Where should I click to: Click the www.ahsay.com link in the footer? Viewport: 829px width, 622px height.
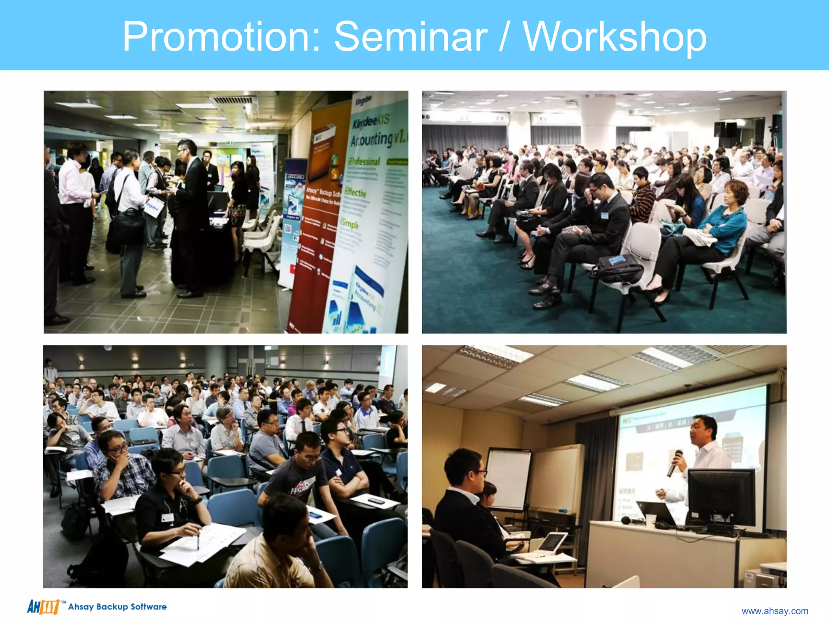click(x=774, y=611)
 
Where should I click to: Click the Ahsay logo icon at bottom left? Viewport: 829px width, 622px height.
click(x=43, y=607)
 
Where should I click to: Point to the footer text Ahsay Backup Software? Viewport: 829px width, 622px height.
click(x=117, y=607)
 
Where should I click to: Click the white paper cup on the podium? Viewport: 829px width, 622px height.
click(x=650, y=520)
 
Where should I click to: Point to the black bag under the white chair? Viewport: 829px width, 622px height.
click(x=617, y=267)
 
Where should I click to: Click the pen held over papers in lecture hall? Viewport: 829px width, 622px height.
click(x=198, y=541)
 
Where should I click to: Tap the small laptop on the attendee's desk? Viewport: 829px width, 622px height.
click(x=551, y=543)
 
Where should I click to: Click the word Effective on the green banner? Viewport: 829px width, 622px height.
click(x=356, y=193)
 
